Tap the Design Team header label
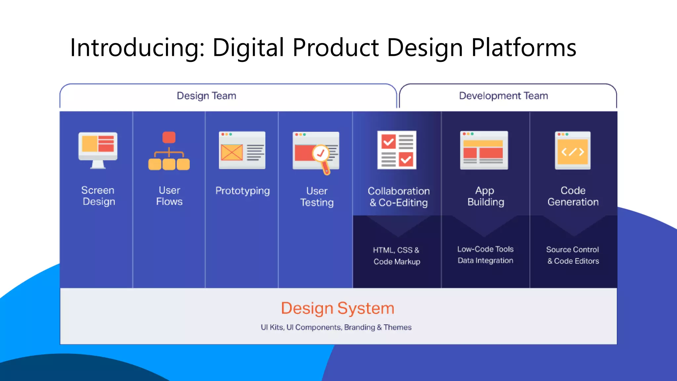(206, 96)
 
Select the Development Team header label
(503, 96)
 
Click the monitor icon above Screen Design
(98, 149)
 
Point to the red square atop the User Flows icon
(169, 137)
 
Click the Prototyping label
(242, 191)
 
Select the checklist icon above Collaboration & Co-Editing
(397, 150)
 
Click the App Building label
(485, 196)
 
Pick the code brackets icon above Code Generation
(573, 152)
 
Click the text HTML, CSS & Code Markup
(397, 256)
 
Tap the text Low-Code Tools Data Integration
(485, 255)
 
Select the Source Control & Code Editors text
(573, 255)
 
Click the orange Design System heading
(338, 308)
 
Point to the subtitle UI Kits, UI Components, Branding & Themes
(336, 327)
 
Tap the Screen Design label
(98, 196)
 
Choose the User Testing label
(317, 196)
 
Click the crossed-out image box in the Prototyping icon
(232, 152)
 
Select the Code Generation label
(573, 196)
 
